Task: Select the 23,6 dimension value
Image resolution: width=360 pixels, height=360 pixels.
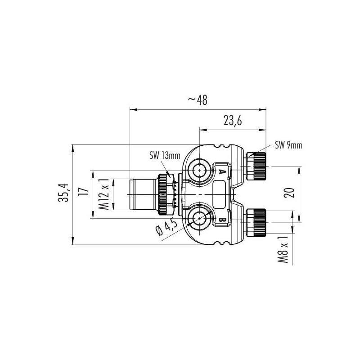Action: (x=232, y=121)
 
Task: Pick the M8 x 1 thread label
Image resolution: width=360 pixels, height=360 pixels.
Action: (x=283, y=250)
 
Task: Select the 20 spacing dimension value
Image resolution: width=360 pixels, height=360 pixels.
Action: (x=290, y=193)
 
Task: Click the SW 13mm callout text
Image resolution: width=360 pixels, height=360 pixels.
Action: (x=165, y=156)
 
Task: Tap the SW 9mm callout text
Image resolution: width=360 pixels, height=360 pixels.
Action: (x=288, y=145)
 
